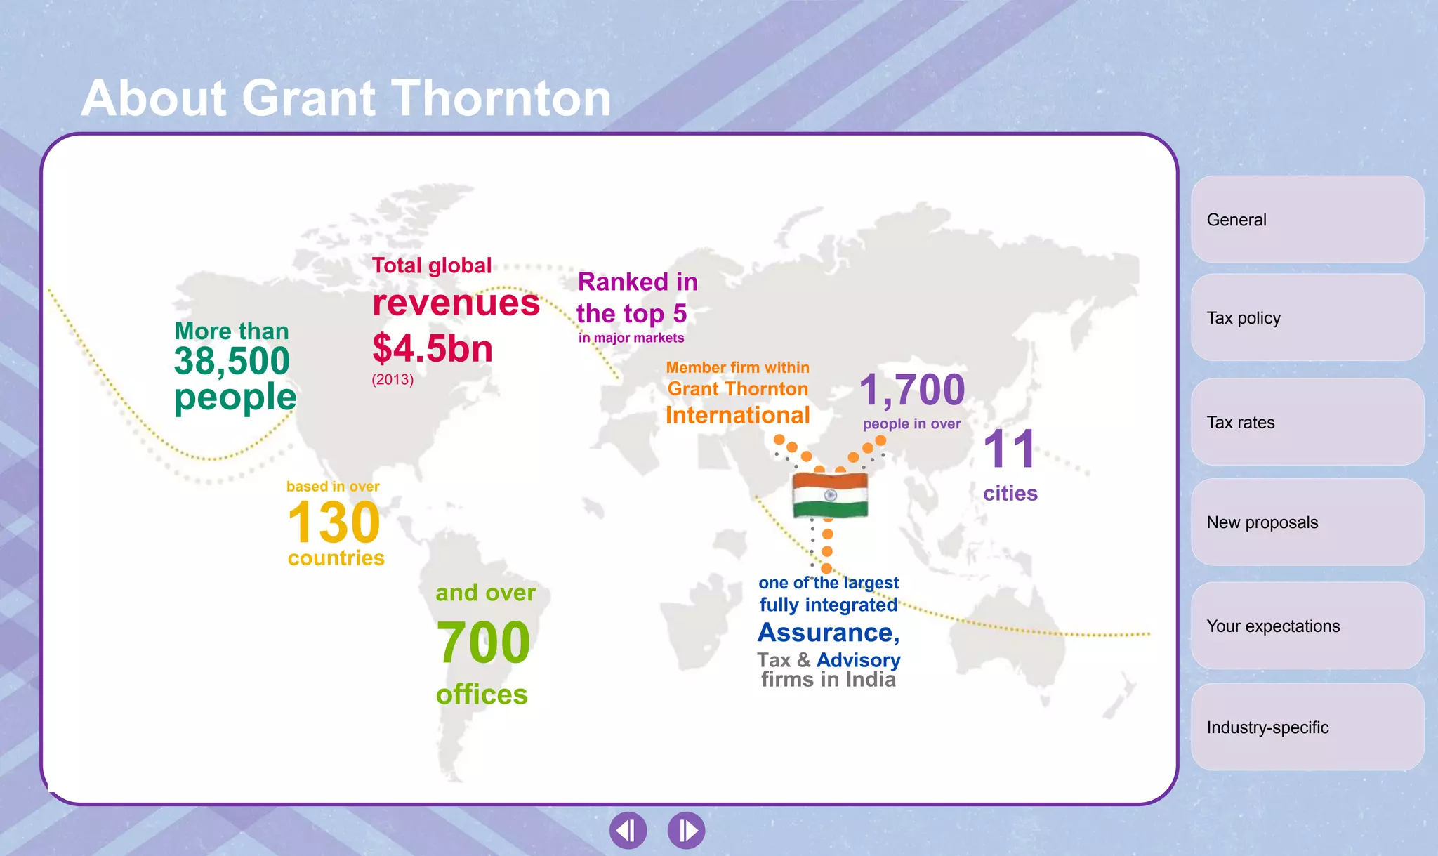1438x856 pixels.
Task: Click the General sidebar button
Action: [x=1307, y=220]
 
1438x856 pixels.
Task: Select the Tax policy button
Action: [x=1307, y=318]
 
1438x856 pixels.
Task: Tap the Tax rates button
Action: [x=1307, y=422]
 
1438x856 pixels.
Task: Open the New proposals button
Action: [x=1307, y=522]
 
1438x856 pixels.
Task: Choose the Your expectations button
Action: [x=1307, y=626]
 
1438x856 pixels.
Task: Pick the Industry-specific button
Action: [x=1307, y=727]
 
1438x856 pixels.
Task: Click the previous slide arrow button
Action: [x=628, y=831]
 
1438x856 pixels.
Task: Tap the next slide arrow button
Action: [x=686, y=831]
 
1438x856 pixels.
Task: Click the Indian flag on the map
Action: [x=830, y=495]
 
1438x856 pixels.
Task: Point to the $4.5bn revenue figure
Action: [x=433, y=348]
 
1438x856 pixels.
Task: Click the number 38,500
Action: [x=232, y=362]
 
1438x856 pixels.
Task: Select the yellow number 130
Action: [x=334, y=522]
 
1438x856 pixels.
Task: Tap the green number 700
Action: [x=483, y=643]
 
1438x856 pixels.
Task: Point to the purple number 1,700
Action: [x=912, y=390]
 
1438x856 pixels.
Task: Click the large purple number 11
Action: [x=1010, y=449]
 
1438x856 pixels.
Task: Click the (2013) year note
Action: [x=393, y=380]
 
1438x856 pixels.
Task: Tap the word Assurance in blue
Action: [x=827, y=633]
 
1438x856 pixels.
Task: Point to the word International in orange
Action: [x=738, y=415]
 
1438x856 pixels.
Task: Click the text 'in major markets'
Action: [x=631, y=338]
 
